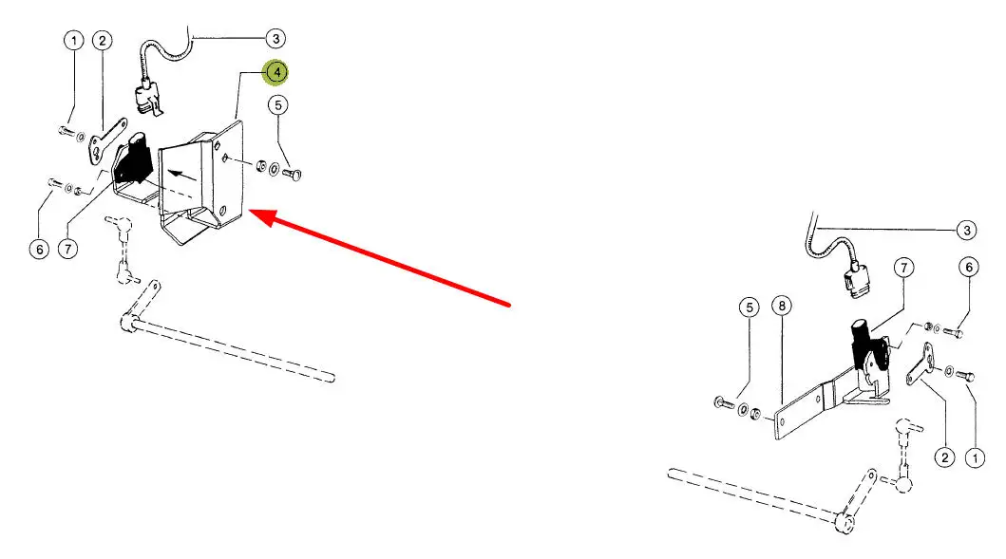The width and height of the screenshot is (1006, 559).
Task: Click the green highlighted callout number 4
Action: [x=276, y=72]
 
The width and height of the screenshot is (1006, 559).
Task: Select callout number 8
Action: [x=782, y=307]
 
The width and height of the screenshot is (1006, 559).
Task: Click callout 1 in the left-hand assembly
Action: [x=74, y=41]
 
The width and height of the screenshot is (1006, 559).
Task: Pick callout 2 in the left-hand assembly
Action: [x=102, y=41]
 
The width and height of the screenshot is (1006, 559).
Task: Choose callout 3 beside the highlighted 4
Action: [x=275, y=39]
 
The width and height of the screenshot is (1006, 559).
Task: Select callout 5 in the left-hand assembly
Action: [x=277, y=105]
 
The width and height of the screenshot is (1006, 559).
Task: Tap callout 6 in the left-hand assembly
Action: [x=40, y=249]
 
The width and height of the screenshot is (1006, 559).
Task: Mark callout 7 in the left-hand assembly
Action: [x=68, y=249]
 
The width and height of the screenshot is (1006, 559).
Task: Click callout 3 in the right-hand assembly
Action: [x=966, y=230]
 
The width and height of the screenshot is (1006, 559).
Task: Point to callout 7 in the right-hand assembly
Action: [x=903, y=268]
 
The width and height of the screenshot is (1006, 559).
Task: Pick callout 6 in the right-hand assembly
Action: [x=969, y=268]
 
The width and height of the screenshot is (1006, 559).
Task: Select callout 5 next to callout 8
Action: [x=750, y=307]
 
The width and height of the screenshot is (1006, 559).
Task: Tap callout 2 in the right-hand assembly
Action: [x=944, y=457]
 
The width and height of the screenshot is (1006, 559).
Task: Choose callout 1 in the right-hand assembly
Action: [x=976, y=457]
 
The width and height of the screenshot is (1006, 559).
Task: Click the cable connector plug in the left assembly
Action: [x=148, y=98]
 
